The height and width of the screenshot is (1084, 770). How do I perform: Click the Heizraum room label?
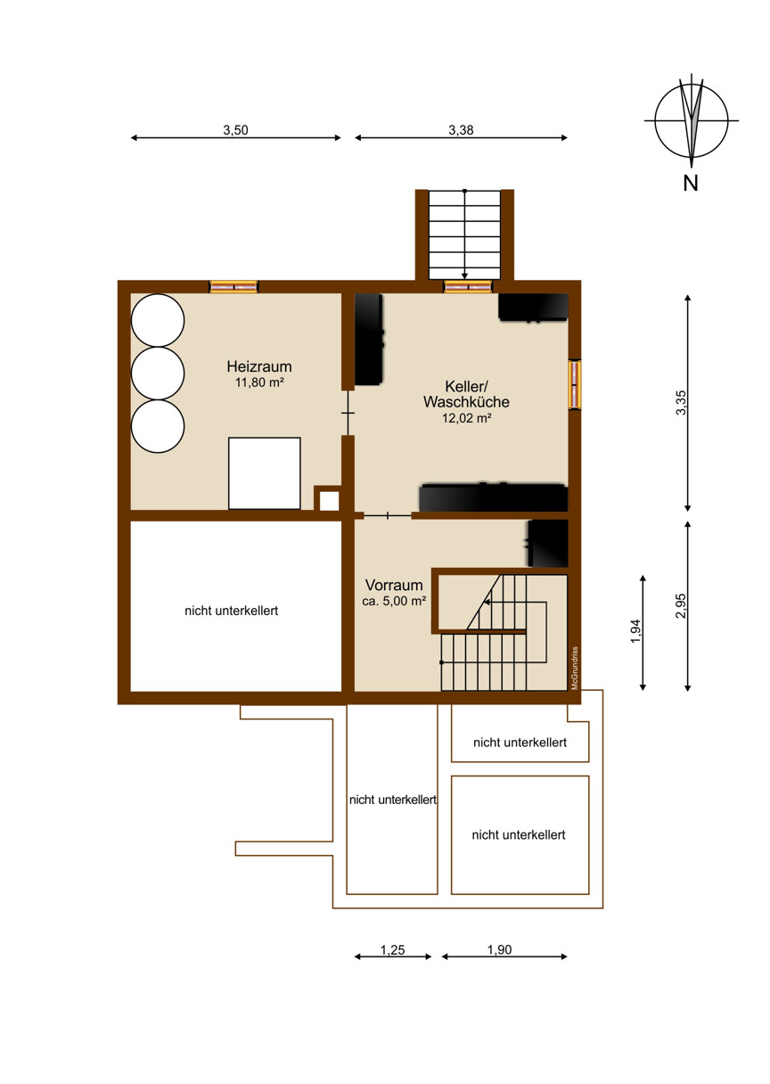point(258,366)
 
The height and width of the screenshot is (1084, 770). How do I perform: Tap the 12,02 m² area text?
point(467,418)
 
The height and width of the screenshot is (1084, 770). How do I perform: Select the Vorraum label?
point(394,585)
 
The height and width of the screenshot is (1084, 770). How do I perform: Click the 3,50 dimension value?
point(235,129)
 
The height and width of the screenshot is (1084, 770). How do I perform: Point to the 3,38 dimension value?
point(461,129)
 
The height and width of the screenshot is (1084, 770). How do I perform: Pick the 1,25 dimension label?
point(392,950)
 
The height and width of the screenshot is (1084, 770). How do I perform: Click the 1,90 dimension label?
point(499,949)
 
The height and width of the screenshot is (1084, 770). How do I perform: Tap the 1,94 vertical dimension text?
point(635,631)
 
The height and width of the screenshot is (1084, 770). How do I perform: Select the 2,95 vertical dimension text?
point(681,605)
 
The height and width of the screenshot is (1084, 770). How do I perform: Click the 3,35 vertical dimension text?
point(681,403)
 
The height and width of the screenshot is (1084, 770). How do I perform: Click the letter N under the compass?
point(691,184)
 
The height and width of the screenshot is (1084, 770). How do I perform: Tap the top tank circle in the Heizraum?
point(158,320)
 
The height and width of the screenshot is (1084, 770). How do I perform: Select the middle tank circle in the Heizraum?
point(158,374)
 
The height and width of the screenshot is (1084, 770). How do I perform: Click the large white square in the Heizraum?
point(265,473)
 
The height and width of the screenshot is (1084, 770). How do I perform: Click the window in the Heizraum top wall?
point(233,287)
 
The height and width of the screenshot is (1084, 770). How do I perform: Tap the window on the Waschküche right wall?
point(575,385)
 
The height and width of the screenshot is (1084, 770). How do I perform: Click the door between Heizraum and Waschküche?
point(348,413)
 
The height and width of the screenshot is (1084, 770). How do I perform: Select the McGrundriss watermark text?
point(575,668)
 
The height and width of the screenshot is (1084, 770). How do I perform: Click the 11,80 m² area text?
point(259,382)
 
